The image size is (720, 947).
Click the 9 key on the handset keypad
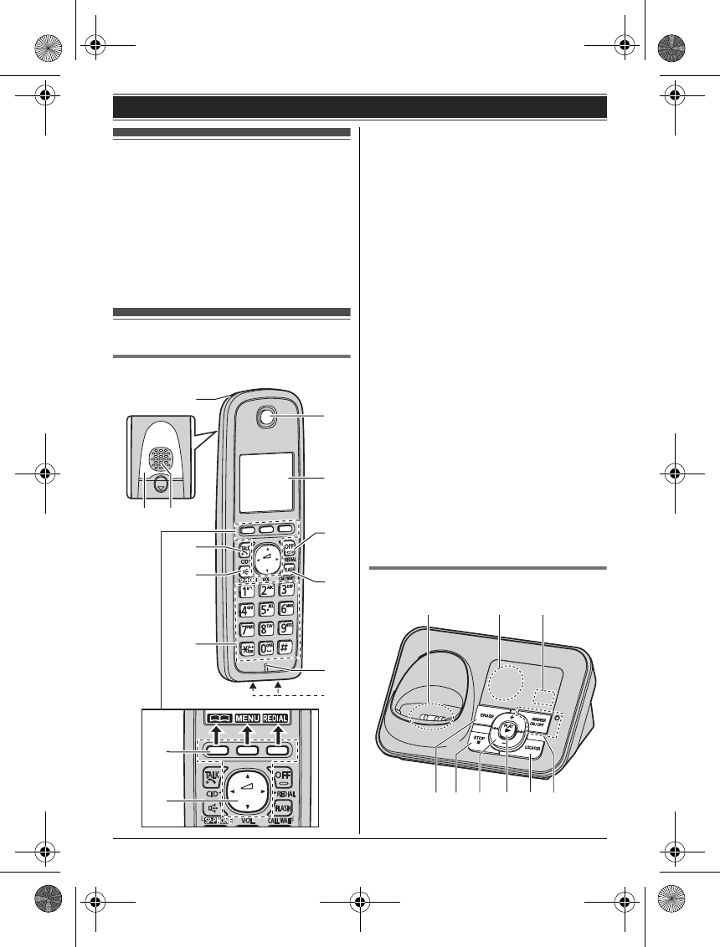point(286,628)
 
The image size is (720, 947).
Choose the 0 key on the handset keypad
point(265,648)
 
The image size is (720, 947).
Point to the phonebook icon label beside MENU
point(212,716)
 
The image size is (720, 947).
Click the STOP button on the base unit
point(478,738)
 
